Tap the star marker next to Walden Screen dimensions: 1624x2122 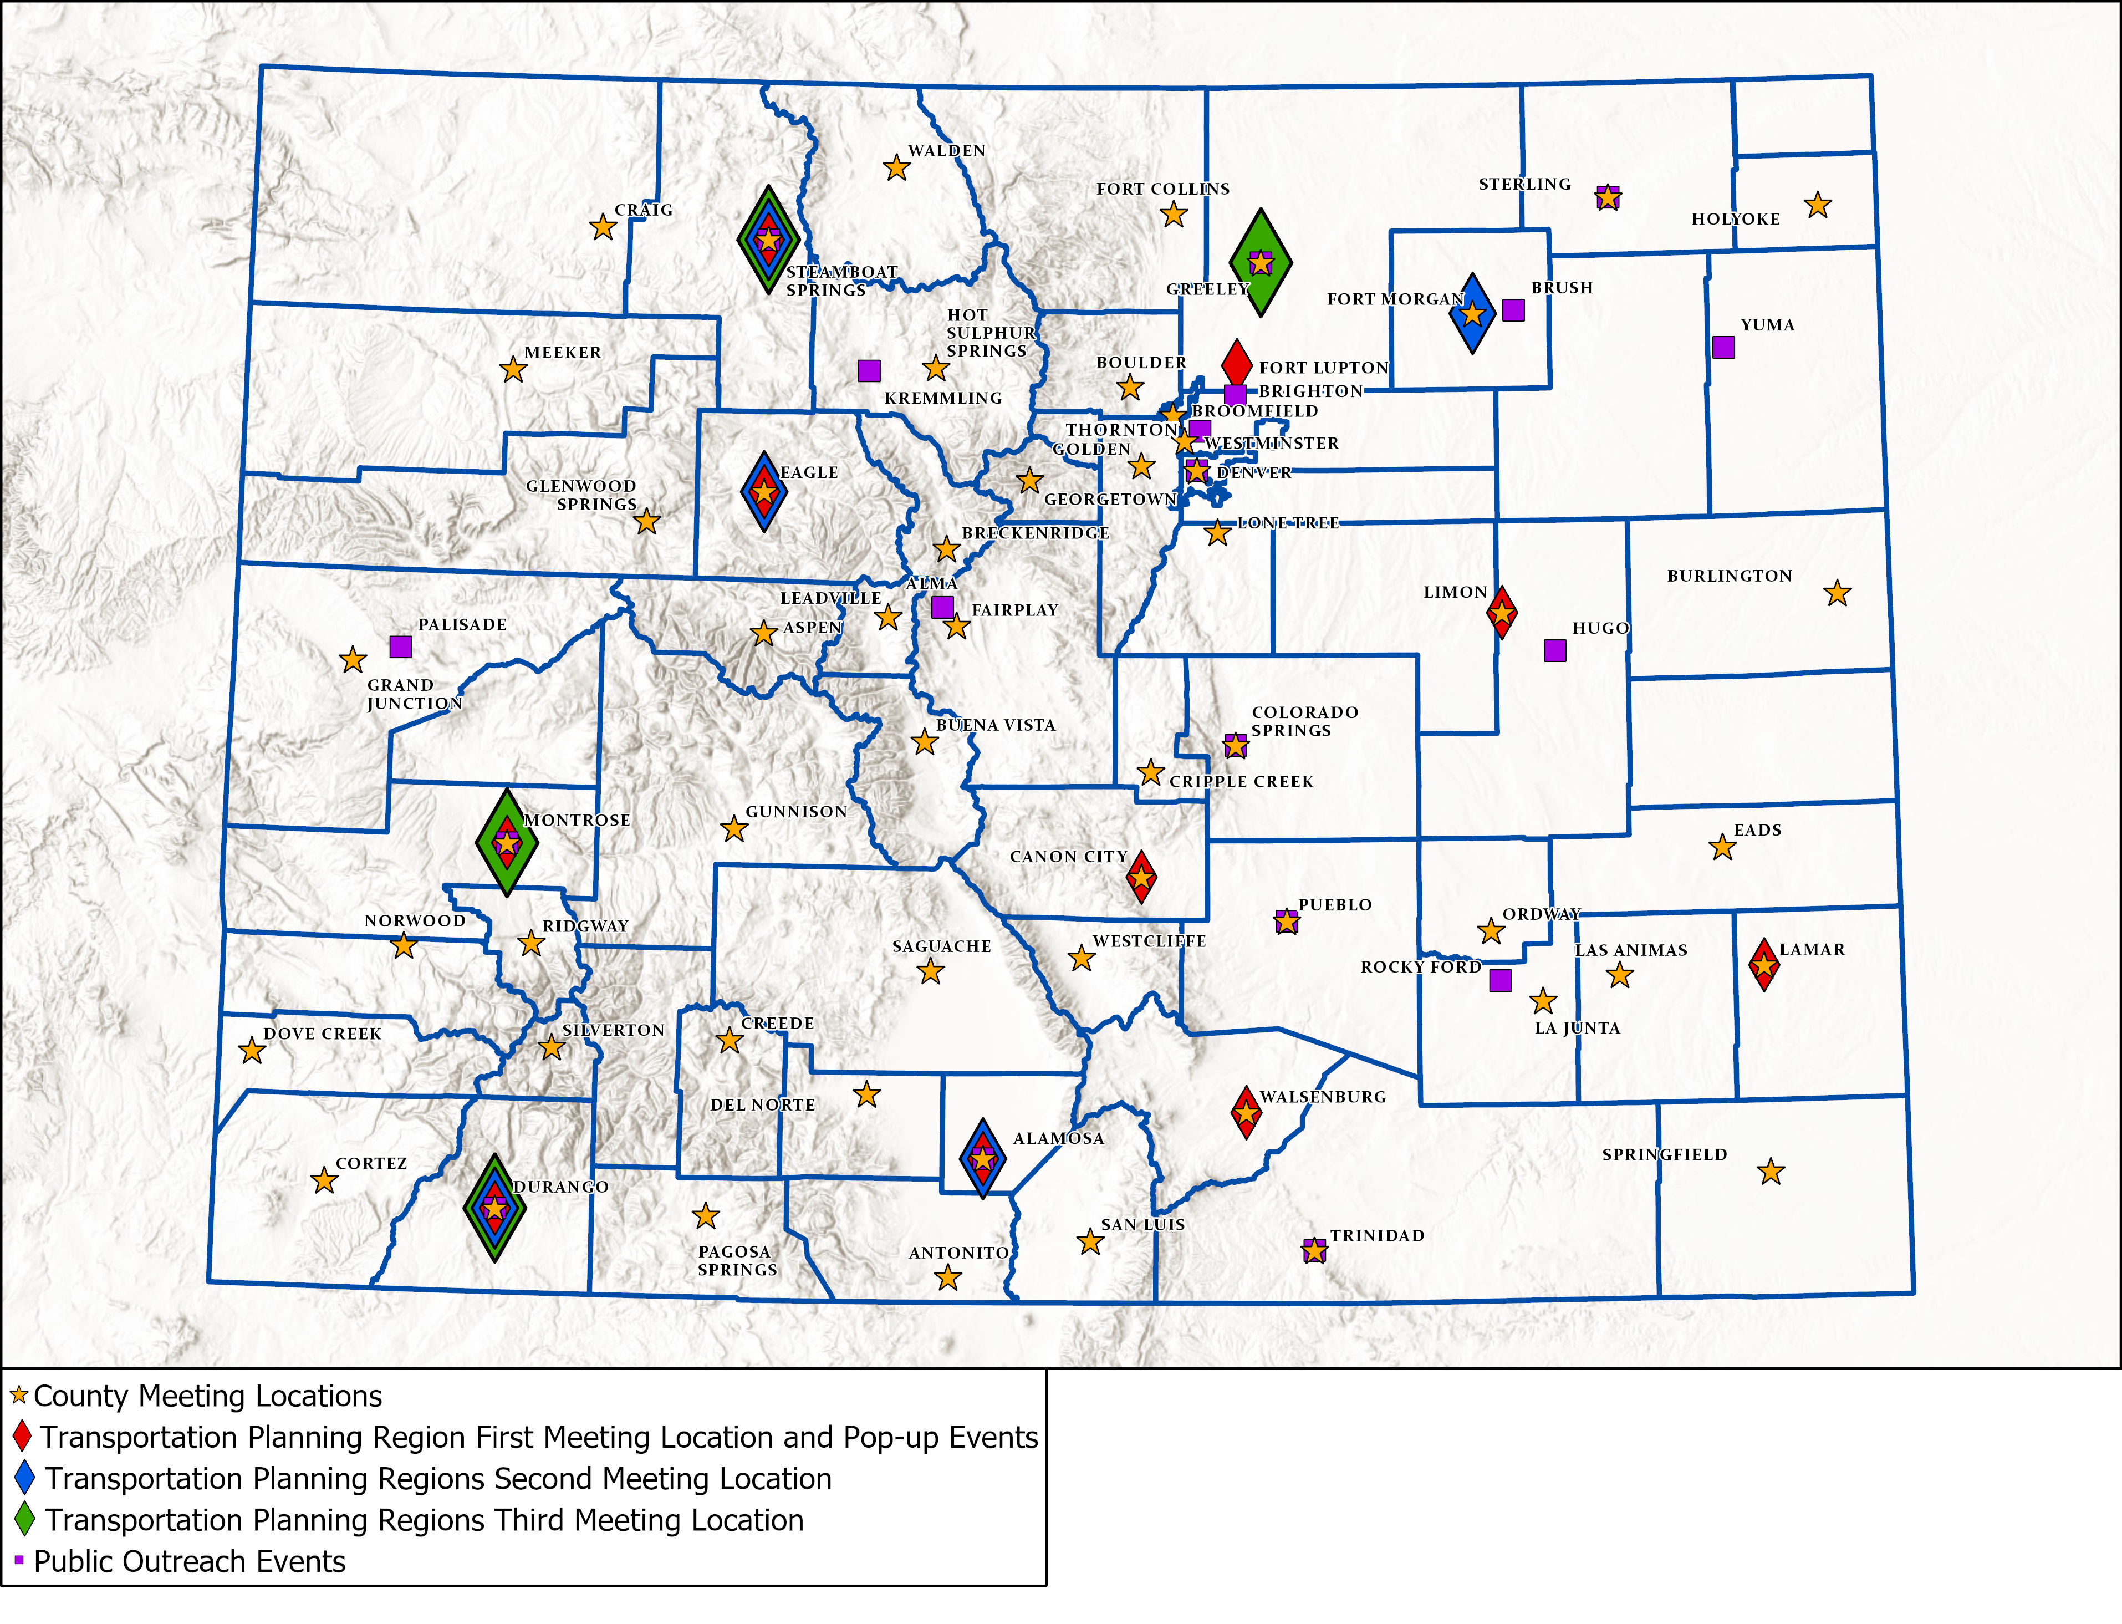(897, 168)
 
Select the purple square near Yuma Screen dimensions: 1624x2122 (1723, 347)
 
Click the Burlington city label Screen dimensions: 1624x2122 (1729, 576)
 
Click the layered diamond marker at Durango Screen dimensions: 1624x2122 (495, 1208)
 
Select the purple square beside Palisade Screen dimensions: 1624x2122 (400, 646)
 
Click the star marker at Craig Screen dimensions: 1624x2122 (603, 227)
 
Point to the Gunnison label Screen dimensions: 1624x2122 (795, 812)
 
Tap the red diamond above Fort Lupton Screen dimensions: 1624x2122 (1237, 363)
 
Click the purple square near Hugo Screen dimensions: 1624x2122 (1555, 650)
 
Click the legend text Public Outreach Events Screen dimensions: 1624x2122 (190, 1561)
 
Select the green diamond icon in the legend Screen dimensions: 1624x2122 (25, 1520)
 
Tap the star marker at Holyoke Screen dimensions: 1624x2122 (1818, 205)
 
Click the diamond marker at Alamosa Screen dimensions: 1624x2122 (982, 1158)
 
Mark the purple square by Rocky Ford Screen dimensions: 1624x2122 (1499, 980)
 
